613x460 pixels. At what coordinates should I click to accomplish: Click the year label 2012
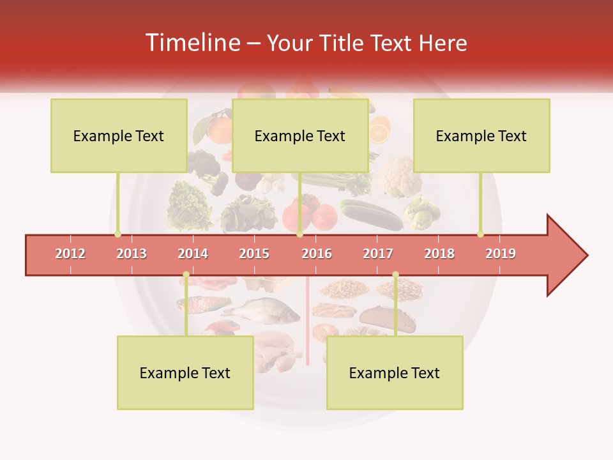[70, 254]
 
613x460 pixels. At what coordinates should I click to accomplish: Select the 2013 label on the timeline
[132, 254]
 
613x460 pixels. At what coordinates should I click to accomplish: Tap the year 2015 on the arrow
[254, 254]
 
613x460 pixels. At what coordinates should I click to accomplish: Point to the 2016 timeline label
[317, 254]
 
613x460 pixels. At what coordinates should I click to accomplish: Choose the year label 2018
[439, 254]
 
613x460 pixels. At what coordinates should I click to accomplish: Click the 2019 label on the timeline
[501, 254]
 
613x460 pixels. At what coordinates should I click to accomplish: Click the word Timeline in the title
[192, 43]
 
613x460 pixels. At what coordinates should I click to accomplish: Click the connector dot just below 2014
[186, 275]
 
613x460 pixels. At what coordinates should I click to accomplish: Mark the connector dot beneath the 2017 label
[395, 275]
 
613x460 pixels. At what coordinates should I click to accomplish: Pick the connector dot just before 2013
[117, 234]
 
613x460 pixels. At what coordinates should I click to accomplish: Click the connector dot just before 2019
[480, 234]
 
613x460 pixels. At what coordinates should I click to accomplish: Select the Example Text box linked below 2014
[185, 372]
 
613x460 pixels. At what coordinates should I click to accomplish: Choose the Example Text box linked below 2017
[395, 372]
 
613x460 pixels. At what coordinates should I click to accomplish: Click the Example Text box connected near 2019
[481, 135]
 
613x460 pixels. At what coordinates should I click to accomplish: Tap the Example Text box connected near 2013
[119, 135]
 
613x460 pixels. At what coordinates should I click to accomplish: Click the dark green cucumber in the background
[371, 214]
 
